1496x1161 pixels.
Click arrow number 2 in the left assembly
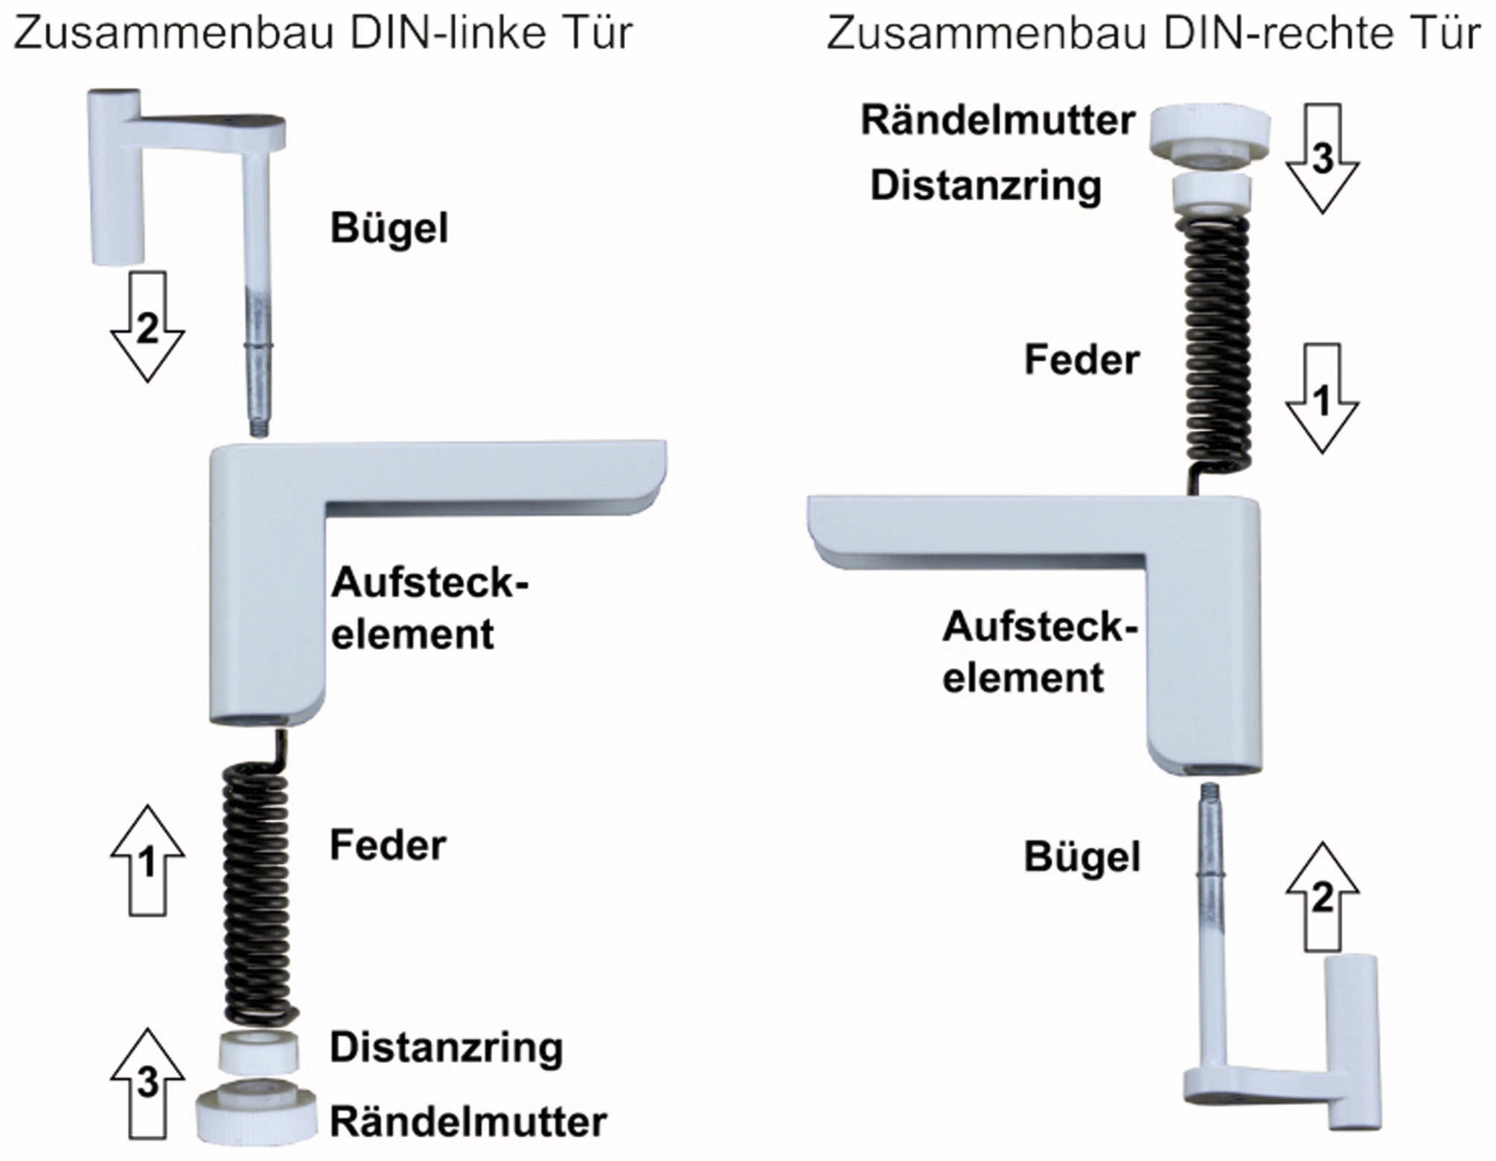point(147,327)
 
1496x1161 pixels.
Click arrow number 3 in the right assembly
point(1323,158)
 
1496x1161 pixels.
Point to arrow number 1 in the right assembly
point(1323,398)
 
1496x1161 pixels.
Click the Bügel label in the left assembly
point(389,228)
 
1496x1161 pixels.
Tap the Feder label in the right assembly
point(1081,360)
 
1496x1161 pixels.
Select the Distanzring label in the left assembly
point(446,1048)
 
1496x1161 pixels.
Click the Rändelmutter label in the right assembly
point(997,121)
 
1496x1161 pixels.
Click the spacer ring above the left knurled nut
point(258,1050)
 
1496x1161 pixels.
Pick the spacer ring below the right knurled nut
point(1211,193)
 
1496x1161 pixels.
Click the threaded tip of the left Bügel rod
point(258,429)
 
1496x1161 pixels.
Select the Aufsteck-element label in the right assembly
point(1038,652)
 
